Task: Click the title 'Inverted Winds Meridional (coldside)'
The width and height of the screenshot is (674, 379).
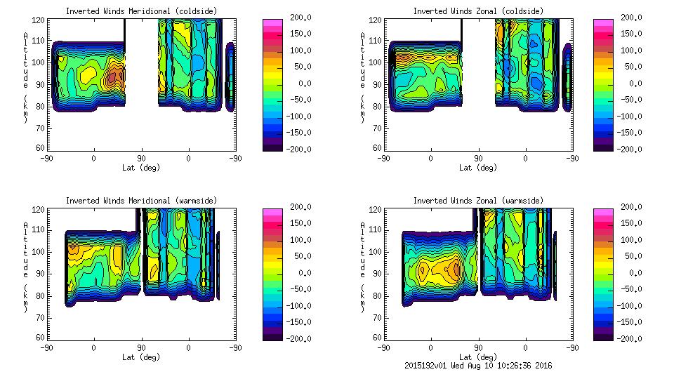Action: (x=142, y=11)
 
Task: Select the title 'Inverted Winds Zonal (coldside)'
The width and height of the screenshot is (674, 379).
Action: (x=477, y=11)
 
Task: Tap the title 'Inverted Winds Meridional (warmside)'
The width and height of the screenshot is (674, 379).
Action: (x=142, y=201)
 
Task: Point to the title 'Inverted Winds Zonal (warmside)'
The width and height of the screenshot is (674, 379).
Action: (x=477, y=201)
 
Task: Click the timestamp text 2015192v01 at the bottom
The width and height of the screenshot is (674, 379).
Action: (x=427, y=366)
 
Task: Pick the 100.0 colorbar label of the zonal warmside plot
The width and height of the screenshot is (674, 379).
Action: (x=630, y=240)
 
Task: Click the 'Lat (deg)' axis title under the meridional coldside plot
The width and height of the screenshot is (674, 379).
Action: (x=142, y=168)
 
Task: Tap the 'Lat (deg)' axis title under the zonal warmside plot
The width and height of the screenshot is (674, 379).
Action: (x=477, y=357)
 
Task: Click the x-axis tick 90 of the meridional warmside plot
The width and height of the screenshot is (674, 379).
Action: (x=141, y=348)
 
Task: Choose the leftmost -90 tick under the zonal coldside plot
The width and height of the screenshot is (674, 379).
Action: (x=383, y=159)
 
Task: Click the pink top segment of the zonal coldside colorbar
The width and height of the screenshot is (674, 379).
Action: (x=602, y=23)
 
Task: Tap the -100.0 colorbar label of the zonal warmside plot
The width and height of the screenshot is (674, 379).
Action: (x=628, y=306)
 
